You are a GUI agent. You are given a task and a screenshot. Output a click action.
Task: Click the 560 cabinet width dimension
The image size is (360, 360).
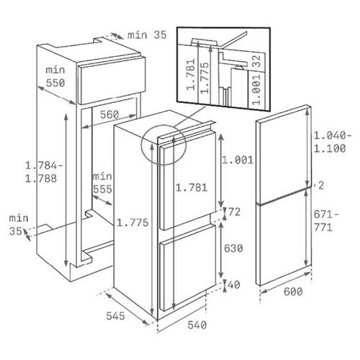[x=109, y=114]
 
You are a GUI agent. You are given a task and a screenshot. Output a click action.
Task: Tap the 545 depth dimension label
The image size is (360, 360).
[x=115, y=316]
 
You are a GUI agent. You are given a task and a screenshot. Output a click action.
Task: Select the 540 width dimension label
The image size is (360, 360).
[x=197, y=325]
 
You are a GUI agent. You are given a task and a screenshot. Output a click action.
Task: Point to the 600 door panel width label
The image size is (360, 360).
[x=293, y=292]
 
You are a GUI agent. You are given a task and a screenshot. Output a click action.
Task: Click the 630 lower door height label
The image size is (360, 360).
[x=233, y=248]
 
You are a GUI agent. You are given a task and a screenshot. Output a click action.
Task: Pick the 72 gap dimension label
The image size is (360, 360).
[x=234, y=212]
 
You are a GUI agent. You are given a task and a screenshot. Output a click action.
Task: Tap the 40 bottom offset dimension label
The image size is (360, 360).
[x=234, y=284]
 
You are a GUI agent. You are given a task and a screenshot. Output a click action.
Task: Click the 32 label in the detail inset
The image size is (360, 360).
[x=256, y=61]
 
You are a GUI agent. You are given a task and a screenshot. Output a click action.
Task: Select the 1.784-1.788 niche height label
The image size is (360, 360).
[x=44, y=172]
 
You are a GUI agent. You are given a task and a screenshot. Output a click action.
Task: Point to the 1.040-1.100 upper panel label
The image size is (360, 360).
[x=333, y=142]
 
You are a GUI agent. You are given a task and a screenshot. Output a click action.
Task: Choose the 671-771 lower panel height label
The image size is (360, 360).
[x=326, y=221]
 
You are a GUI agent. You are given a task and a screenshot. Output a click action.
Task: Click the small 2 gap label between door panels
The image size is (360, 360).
[x=321, y=185]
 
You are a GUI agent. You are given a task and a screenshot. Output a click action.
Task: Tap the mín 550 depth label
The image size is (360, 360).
[x=55, y=76]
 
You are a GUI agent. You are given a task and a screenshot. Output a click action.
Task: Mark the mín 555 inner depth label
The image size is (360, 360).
[x=102, y=183]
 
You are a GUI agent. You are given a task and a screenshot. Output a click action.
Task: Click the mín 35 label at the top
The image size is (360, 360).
[x=147, y=35]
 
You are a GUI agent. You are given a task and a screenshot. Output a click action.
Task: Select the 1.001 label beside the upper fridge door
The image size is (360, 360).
[x=238, y=160]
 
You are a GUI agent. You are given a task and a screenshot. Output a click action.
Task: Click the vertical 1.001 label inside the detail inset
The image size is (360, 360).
[x=256, y=89]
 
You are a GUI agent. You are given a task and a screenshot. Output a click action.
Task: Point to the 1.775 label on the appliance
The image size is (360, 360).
[x=132, y=223]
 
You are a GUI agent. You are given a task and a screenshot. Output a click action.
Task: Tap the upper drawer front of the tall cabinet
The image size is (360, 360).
[x=112, y=80]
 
